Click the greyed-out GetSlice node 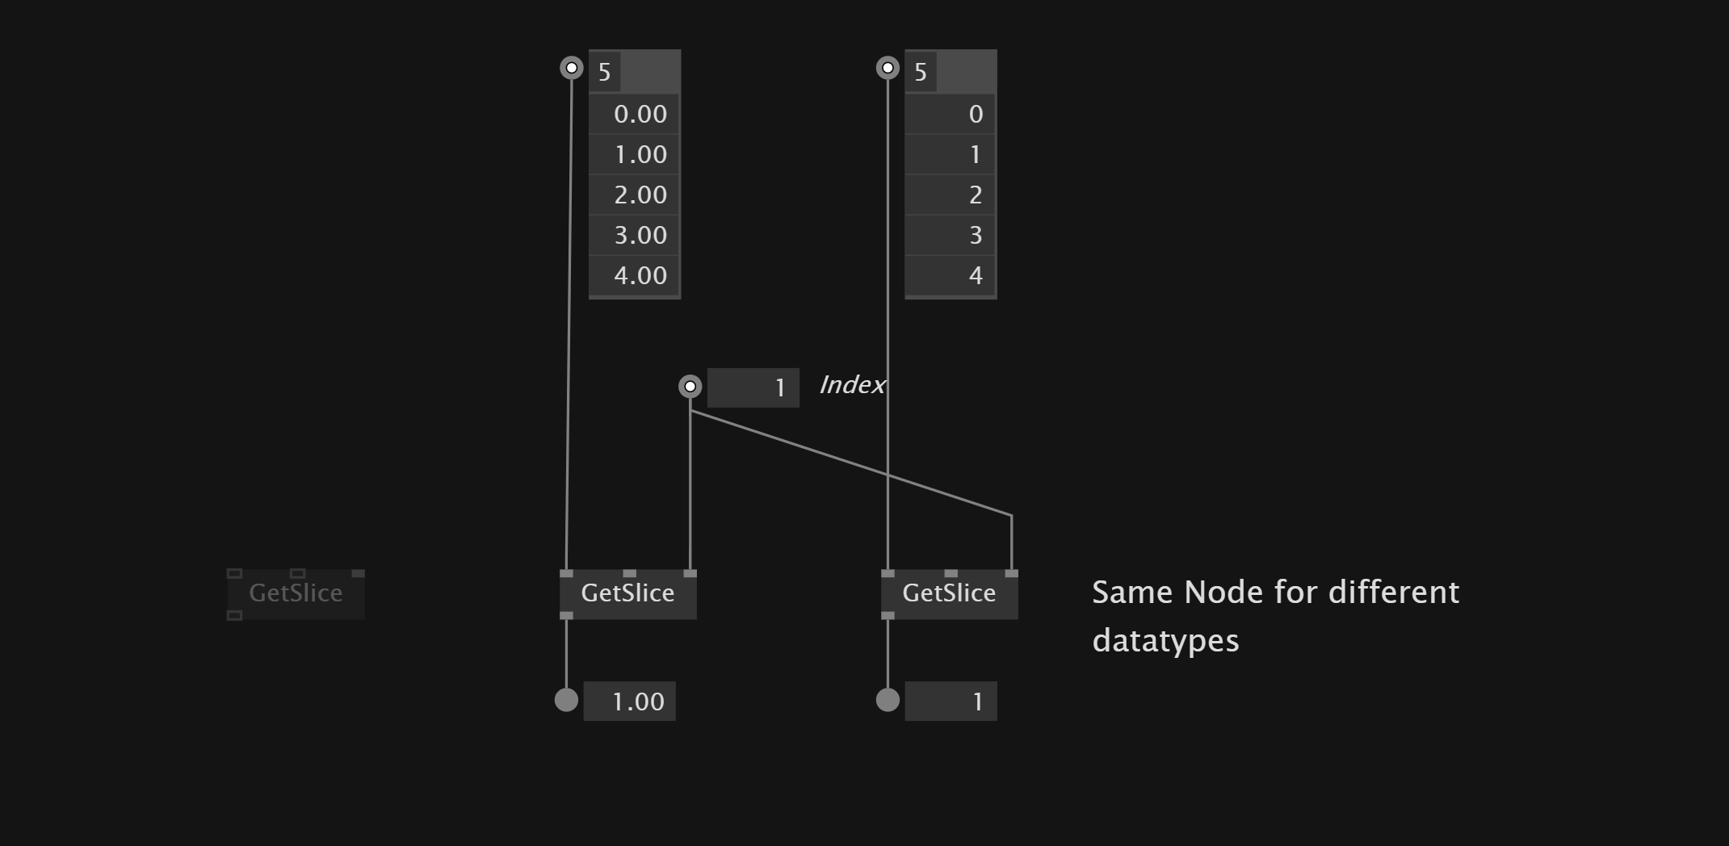[x=296, y=593]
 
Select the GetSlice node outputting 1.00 [x=627, y=593]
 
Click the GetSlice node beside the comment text [x=949, y=593]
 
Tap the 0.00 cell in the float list [x=635, y=114]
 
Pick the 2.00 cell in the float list [x=635, y=195]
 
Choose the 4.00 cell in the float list [x=635, y=275]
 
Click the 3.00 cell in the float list [x=635, y=235]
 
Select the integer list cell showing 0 [x=951, y=114]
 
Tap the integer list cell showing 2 [x=951, y=195]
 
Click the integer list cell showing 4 [x=951, y=275]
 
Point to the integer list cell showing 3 [x=951, y=235]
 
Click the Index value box [x=753, y=387]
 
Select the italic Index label [x=852, y=385]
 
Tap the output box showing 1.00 [x=629, y=701]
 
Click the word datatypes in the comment [x=1165, y=641]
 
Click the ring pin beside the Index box [x=690, y=387]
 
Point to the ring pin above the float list [x=572, y=68]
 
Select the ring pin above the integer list [x=888, y=68]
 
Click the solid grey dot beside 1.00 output [x=566, y=700]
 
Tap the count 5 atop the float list [x=605, y=73]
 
